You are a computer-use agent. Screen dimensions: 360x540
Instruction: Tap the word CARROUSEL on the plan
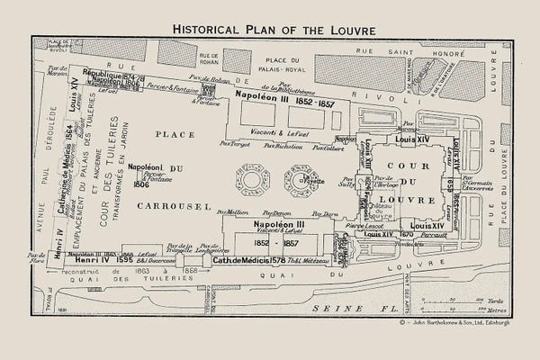click(x=149, y=205)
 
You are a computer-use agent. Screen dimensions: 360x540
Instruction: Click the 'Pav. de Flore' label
click(x=38, y=262)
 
